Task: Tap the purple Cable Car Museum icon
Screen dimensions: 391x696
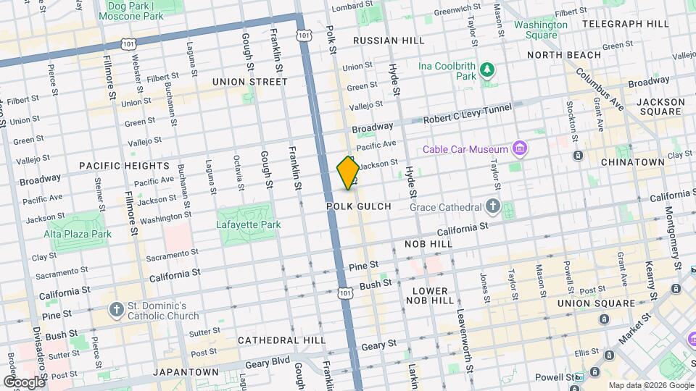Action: point(519,149)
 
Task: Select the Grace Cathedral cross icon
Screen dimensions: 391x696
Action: point(493,207)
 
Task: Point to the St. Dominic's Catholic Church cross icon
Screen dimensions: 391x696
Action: point(116,310)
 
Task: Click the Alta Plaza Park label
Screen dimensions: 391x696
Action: point(77,234)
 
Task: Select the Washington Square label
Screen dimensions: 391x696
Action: point(541,30)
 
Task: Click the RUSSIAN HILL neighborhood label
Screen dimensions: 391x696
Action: point(381,41)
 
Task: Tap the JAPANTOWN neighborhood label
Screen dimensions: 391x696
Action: point(186,372)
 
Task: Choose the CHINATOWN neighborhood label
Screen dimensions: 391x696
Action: point(633,162)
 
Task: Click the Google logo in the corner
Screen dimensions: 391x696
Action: point(23,382)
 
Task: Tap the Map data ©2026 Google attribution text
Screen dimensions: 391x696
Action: point(650,385)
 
